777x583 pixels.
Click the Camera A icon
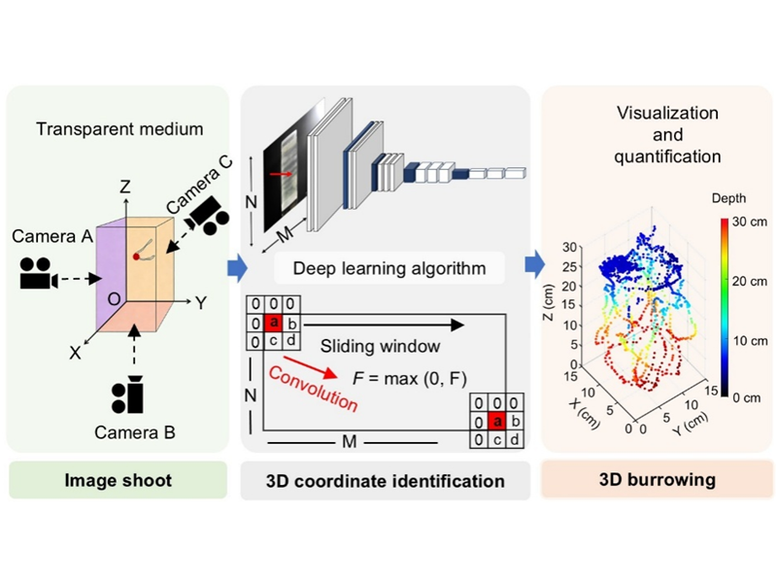point(39,275)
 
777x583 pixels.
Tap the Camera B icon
point(129,393)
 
